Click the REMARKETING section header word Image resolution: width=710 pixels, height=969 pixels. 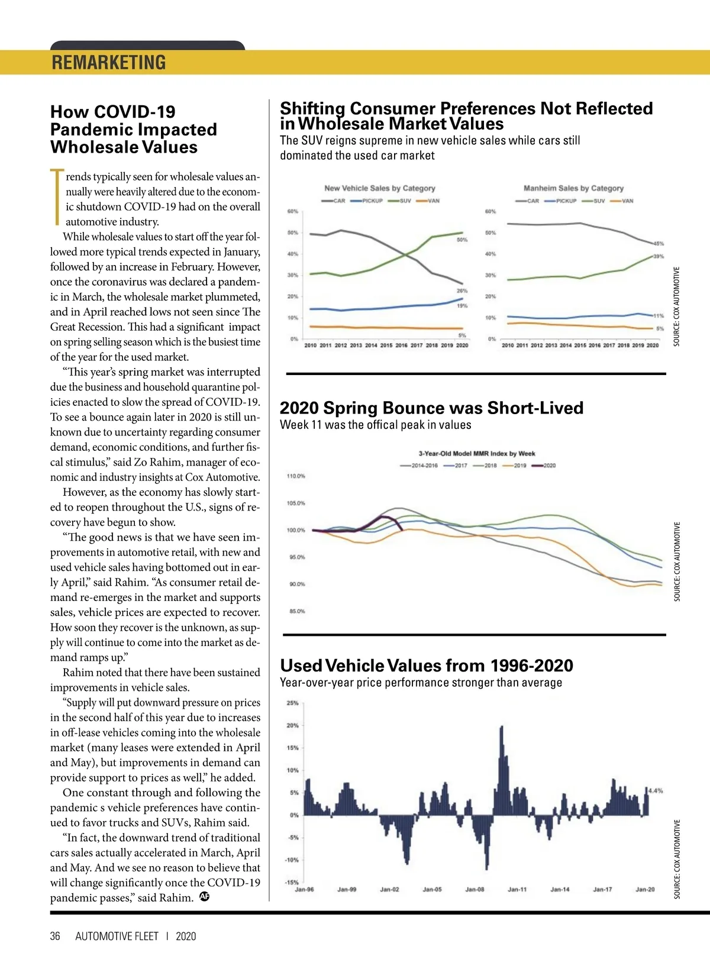pos(109,63)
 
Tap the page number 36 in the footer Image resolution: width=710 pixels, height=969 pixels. pos(55,936)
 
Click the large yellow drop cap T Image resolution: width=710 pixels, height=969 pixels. pos(57,197)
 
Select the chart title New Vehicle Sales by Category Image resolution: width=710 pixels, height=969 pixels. pos(379,188)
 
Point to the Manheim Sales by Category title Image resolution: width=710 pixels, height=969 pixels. pos(573,188)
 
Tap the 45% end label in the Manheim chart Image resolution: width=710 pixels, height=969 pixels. pos(659,243)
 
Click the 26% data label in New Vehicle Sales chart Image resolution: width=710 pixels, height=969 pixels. pos(462,290)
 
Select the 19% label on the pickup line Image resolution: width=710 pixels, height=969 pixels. pos(462,306)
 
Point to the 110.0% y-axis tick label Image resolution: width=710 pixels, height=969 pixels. pos(296,476)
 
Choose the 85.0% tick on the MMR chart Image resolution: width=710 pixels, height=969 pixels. pos(296,611)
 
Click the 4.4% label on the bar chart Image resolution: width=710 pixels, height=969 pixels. pos(656,790)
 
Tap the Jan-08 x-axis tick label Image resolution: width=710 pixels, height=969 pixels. pos(475,889)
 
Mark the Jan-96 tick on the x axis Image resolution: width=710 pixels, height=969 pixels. pos(304,889)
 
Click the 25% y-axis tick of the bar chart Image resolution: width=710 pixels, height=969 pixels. pos(292,703)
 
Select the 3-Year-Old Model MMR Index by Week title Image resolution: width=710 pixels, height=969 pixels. pos(477,454)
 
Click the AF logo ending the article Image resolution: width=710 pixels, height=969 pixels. pos(205,896)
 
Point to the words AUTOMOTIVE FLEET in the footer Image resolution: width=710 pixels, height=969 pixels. pos(117,936)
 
